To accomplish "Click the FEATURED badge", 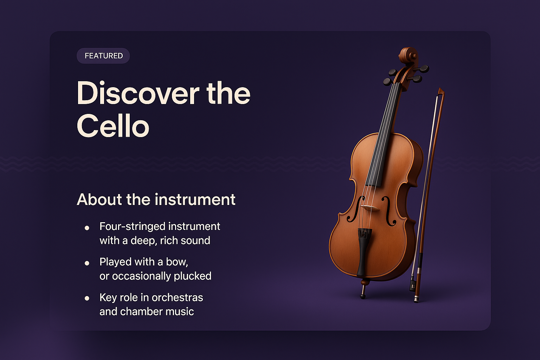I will pos(103,56).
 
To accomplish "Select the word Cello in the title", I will pos(113,126).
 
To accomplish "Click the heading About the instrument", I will pos(156,199).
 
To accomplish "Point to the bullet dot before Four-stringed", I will pos(87,228).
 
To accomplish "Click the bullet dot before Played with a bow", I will pos(87,263).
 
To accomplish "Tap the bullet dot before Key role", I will pos(87,298).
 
